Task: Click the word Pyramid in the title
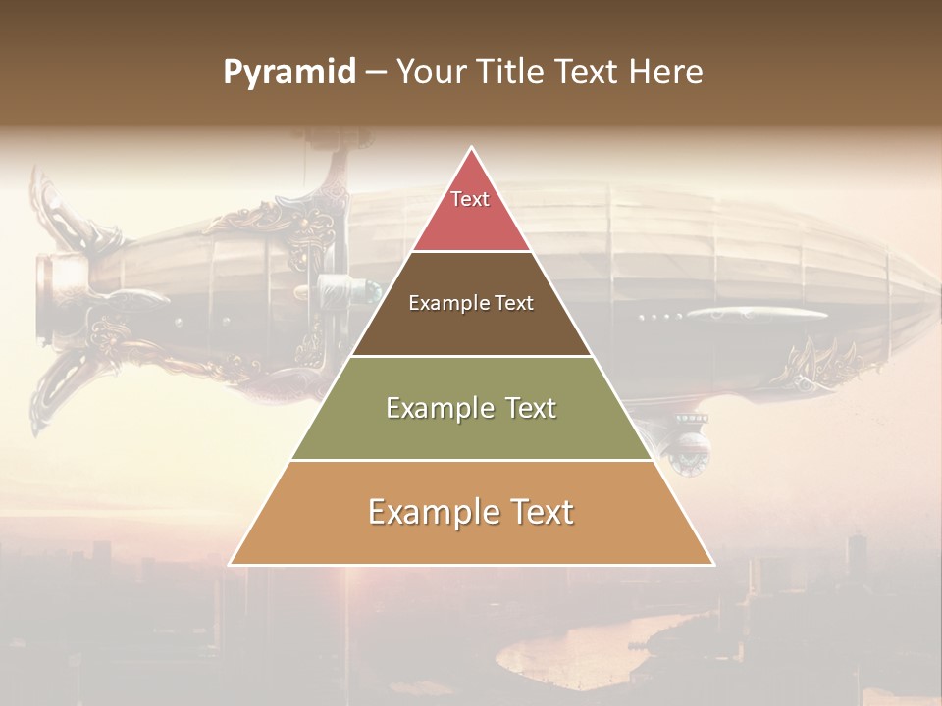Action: pyautogui.click(x=288, y=73)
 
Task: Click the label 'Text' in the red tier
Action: pyautogui.click(x=470, y=199)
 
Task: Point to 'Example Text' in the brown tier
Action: pyautogui.click(x=471, y=303)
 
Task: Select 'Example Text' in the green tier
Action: pyautogui.click(x=471, y=408)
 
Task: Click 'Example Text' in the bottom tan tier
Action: pyautogui.click(x=471, y=512)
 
